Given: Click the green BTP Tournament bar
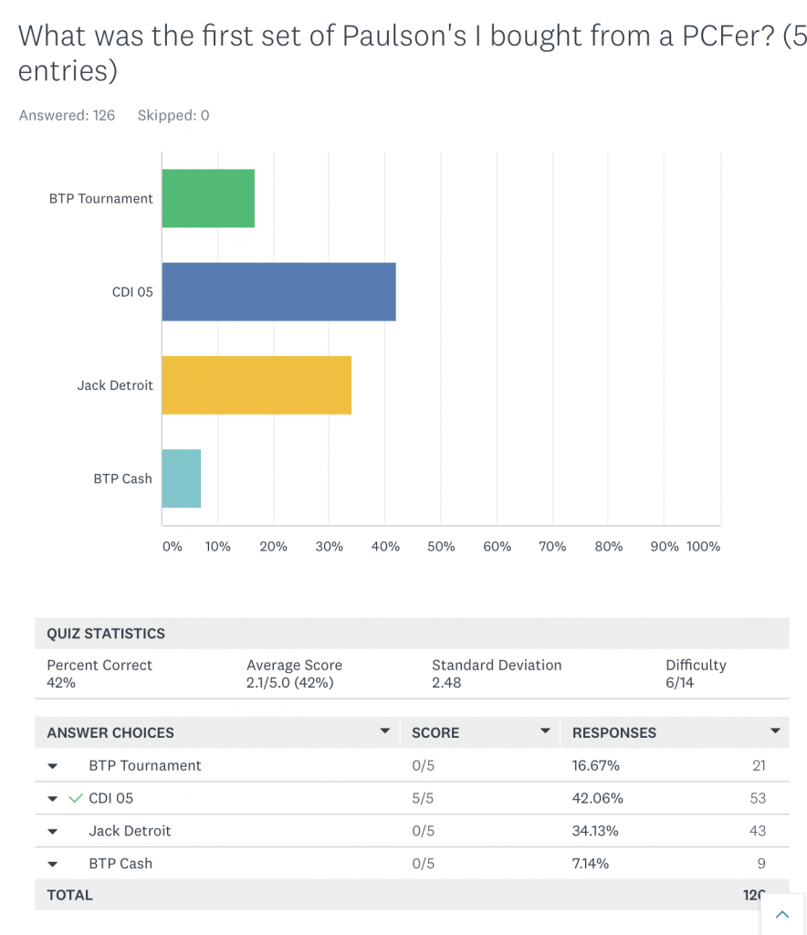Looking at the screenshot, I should coord(208,198).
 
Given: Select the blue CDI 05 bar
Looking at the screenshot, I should coord(278,292).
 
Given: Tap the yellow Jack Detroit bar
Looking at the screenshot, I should coord(257,384).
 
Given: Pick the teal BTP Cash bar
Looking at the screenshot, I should coord(181,478).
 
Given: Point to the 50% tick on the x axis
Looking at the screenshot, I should coord(441,546).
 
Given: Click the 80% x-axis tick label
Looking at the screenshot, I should coord(608,546).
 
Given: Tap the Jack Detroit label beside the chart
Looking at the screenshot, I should coord(115,385).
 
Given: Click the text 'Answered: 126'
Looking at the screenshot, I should coord(67,115).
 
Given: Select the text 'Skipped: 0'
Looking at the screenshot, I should coord(173,115).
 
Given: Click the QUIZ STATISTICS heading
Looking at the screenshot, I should coord(106,634).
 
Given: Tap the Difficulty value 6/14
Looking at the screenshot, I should coord(679,682).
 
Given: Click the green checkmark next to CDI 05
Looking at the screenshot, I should coord(76,798).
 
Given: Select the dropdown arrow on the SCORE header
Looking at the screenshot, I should coord(545,731).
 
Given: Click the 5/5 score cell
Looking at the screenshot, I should coord(423,798).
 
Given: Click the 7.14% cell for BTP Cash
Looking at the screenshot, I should coord(591,864).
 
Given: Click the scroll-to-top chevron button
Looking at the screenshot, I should coord(781,914).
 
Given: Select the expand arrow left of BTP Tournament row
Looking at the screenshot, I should coord(52,766).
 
